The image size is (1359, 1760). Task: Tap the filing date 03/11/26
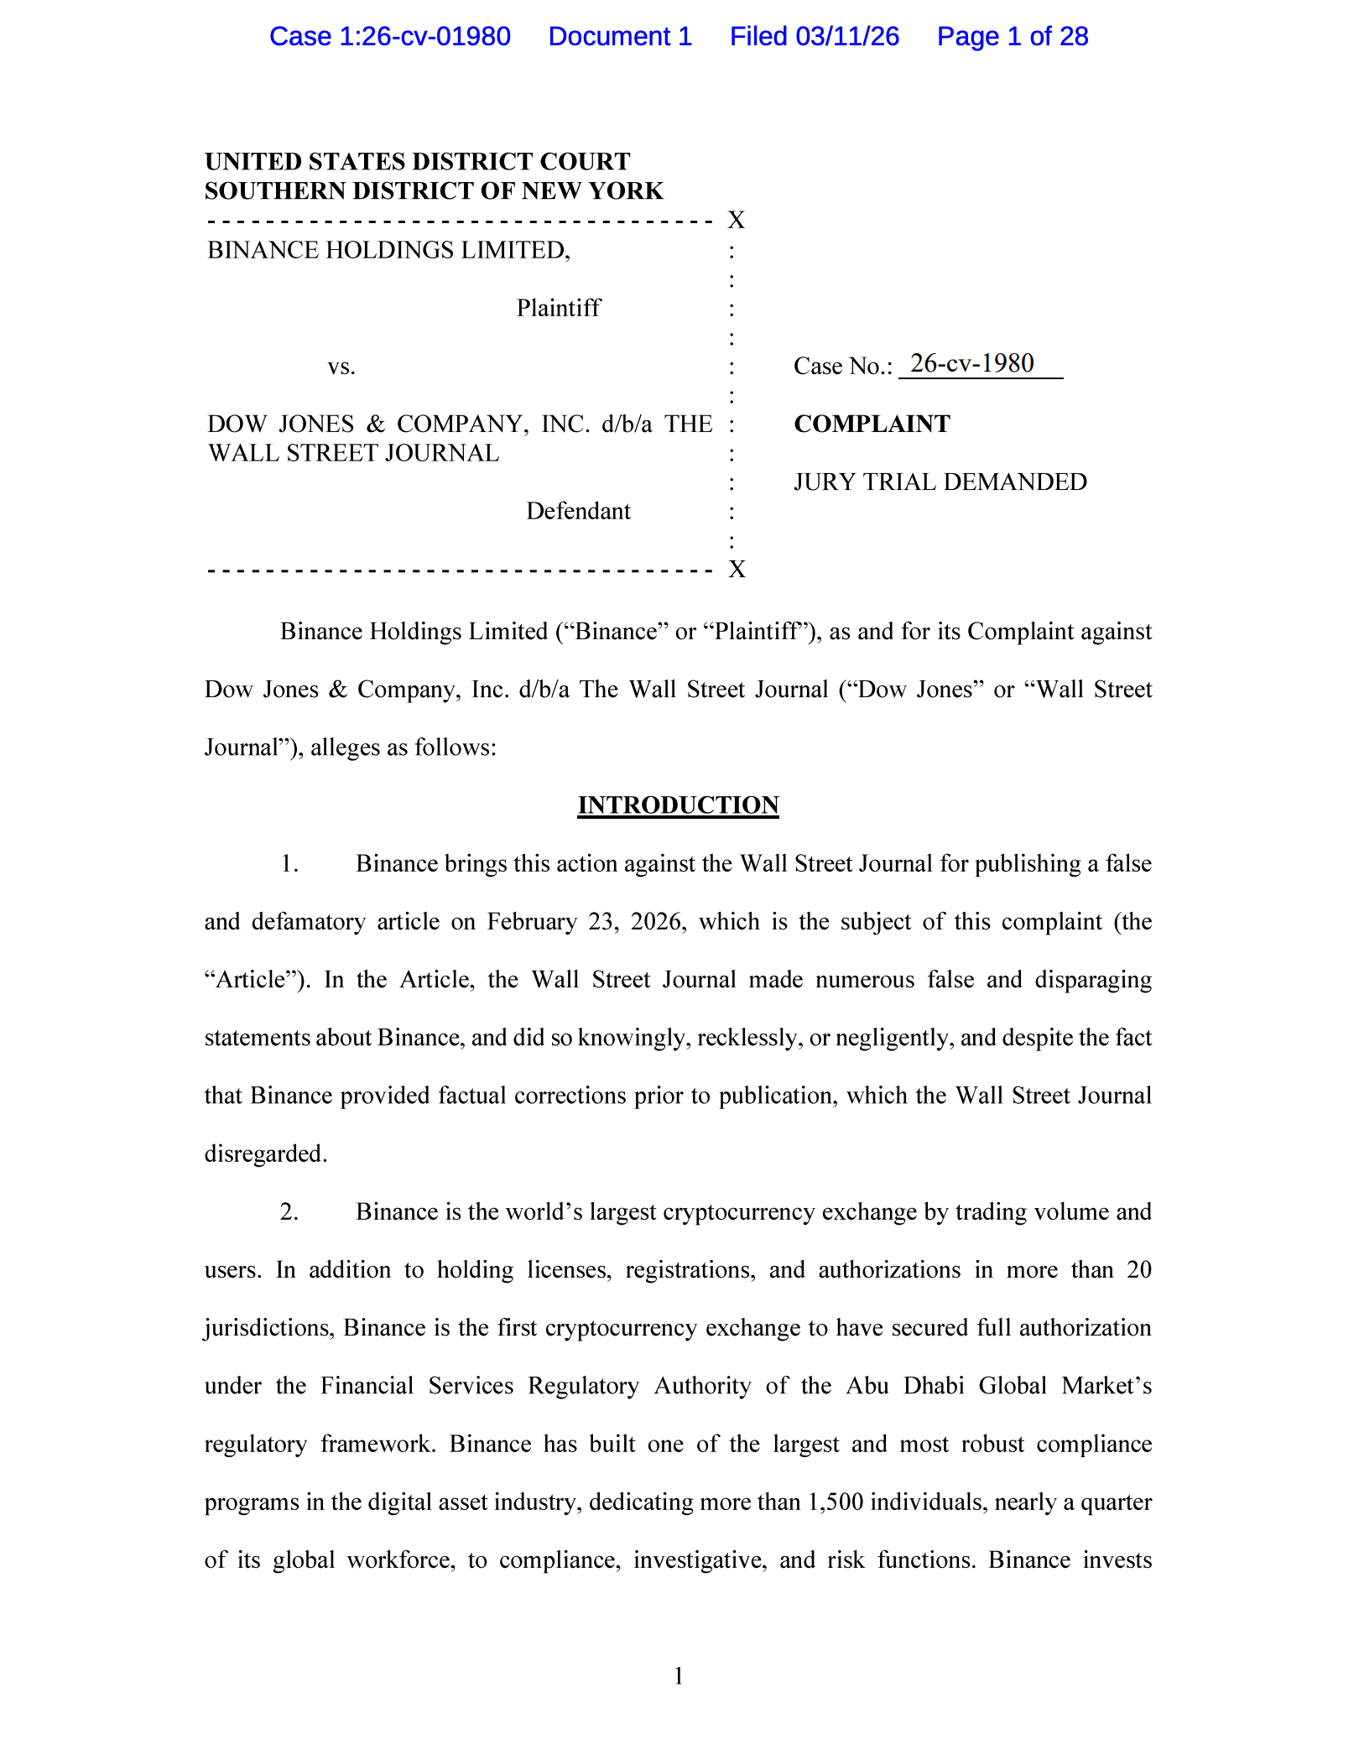pos(847,37)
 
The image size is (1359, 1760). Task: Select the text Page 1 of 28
pos(1013,37)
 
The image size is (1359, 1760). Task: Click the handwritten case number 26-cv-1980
pos(971,363)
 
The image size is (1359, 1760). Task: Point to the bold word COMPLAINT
pos(872,424)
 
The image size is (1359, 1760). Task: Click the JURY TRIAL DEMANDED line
pos(940,482)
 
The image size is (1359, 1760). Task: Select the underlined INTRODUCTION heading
pos(678,805)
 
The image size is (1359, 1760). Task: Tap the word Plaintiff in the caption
pos(559,308)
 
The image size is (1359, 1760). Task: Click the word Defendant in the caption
pos(578,511)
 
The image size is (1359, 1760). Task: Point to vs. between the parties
pos(341,367)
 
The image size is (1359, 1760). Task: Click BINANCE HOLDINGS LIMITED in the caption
pos(388,250)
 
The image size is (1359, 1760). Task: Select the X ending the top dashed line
pos(737,220)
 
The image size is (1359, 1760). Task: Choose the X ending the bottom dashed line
pos(737,570)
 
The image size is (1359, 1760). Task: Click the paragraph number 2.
pos(289,1212)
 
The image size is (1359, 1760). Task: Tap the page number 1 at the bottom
pos(679,1676)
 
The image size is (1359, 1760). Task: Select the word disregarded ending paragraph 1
pos(264,1154)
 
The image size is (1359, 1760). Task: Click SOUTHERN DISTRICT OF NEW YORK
pos(434,191)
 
